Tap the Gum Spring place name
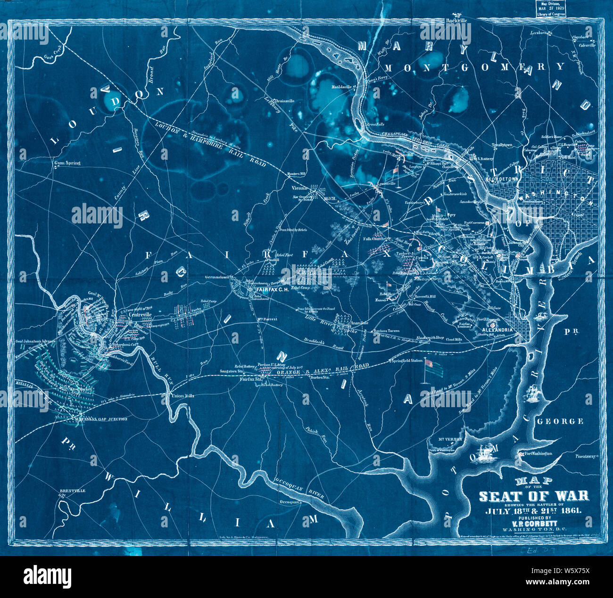coord(68,163)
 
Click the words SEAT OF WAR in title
coord(534,495)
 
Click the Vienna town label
coord(297,188)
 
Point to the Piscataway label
coord(586,456)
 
